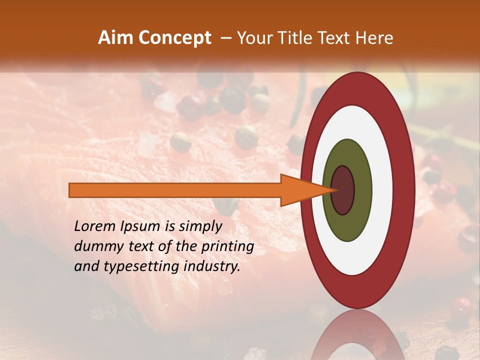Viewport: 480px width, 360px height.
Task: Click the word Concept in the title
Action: coord(174,38)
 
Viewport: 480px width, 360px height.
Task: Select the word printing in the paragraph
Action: coord(228,246)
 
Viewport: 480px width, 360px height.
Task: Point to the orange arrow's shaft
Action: coord(175,190)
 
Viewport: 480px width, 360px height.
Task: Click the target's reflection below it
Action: coord(357,337)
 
